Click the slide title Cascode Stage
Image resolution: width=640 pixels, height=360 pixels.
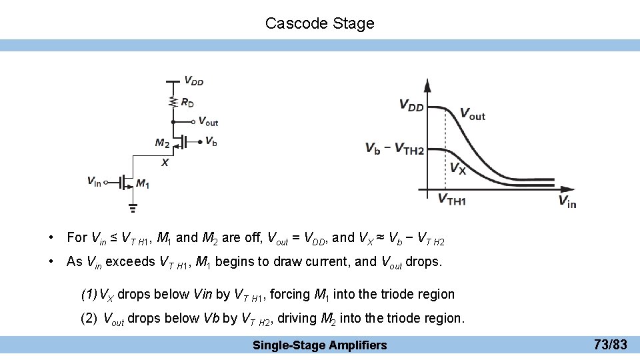click(319, 23)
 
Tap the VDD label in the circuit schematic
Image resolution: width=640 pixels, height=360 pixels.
click(194, 81)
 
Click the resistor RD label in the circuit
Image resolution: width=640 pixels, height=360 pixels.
click(187, 103)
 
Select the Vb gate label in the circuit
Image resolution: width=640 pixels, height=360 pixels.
click(211, 141)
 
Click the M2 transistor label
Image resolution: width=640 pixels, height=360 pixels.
click(162, 142)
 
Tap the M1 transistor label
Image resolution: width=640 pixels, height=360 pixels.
click(143, 183)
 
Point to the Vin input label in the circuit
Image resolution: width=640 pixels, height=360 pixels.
click(94, 181)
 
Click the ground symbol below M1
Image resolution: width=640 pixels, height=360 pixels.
click(133, 207)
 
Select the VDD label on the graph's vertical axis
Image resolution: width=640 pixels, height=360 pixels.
click(411, 105)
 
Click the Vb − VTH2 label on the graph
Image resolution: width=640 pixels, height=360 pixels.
click(394, 149)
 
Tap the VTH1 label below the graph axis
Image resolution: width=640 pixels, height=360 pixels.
click(451, 199)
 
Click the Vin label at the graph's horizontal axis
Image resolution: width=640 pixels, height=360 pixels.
click(567, 201)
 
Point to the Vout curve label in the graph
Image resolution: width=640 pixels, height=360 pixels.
click(473, 115)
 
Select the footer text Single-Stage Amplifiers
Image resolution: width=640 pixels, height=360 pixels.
click(319, 345)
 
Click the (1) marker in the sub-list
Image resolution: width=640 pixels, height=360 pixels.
click(89, 294)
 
